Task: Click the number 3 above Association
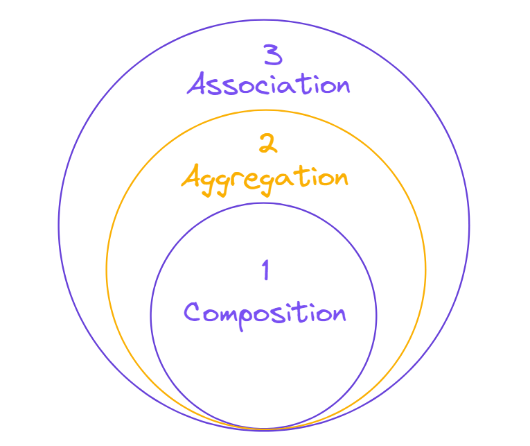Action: coord(273,55)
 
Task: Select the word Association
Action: coord(269,85)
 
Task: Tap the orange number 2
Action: coord(267,144)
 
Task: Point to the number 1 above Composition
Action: coord(265,270)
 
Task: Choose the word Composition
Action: coord(265,312)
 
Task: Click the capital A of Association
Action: coord(198,85)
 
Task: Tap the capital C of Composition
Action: coord(193,311)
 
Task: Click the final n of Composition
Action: coord(338,314)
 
